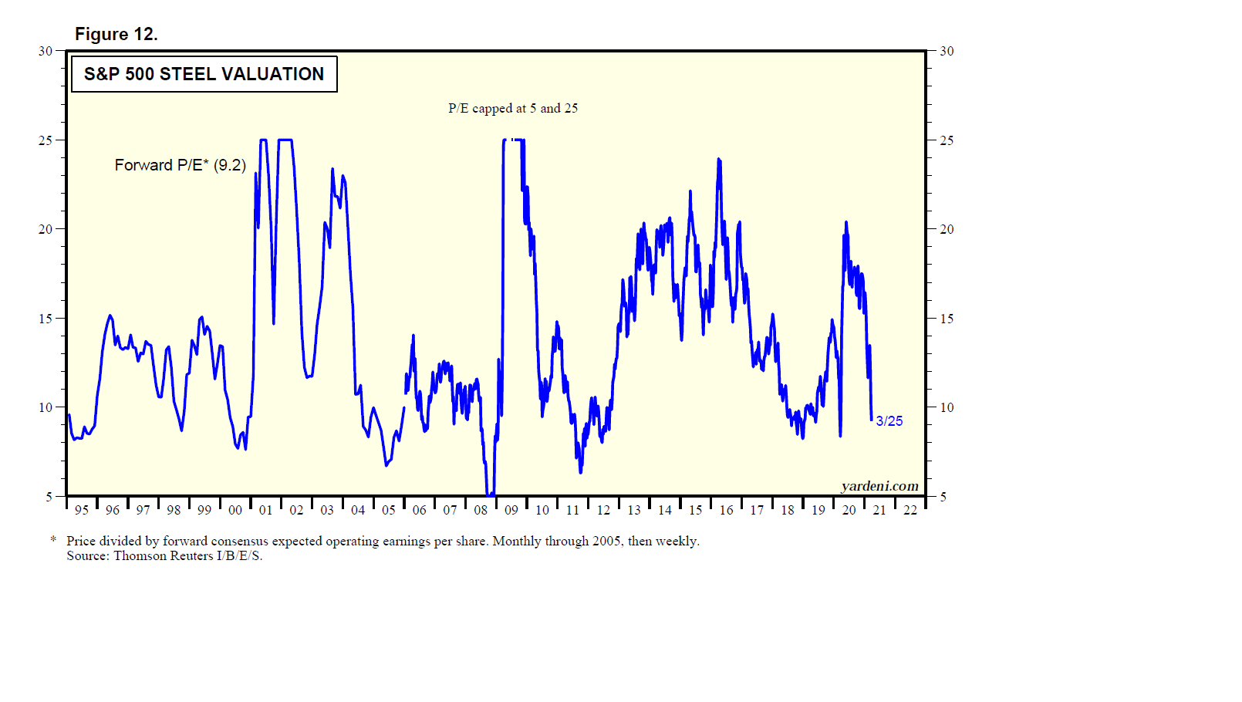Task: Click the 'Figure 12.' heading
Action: [116, 34]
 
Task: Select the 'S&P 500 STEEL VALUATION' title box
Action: [204, 74]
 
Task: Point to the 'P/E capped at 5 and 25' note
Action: [513, 108]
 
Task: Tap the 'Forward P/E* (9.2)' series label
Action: [180, 165]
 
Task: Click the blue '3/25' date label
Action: [889, 421]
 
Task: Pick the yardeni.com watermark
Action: [879, 486]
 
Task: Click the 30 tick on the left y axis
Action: [46, 51]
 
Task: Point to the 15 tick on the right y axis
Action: [947, 319]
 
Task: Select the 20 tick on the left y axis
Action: [46, 229]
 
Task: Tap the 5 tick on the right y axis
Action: [943, 497]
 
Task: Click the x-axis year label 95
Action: [82, 510]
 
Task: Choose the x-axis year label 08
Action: [481, 510]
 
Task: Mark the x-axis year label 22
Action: [910, 510]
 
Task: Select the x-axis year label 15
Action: [695, 510]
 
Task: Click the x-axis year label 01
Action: [266, 510]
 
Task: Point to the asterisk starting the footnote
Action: [53, 540]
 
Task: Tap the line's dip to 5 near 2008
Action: [490, 494]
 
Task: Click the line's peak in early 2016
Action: [719, 160]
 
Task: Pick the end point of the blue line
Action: [872, 420]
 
